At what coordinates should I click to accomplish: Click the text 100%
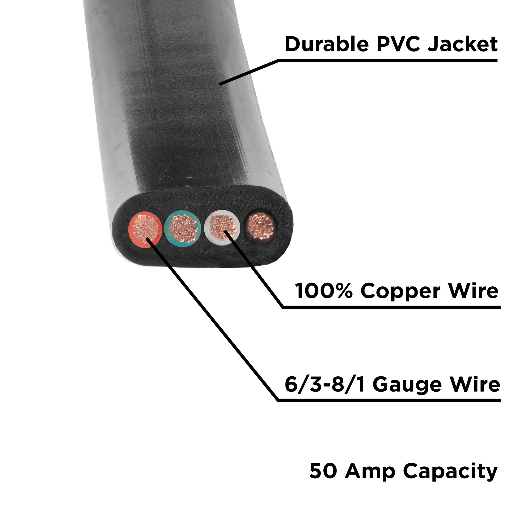pyautogui.click(x=323, y=291)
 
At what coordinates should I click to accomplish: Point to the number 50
pyautogui.click(x=323, y=471)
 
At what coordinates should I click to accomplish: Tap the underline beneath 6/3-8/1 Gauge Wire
pyautogui.click(x=389, y=400)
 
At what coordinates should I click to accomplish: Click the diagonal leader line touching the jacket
pyautogui.click(x=248, y=72)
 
